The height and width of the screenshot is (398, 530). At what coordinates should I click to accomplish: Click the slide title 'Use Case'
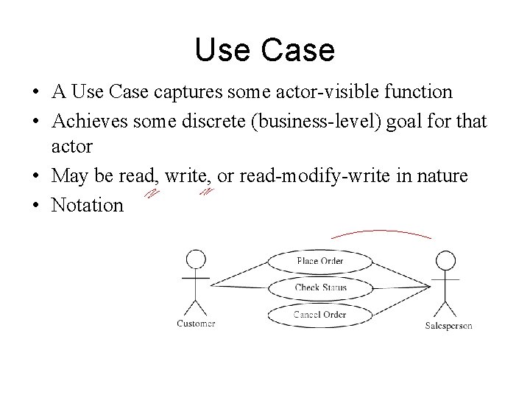[x=265, y=50]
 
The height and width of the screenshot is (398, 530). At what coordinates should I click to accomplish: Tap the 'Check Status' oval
[x=321, y=287]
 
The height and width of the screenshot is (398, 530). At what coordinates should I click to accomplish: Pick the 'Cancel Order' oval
[x=320, y=315]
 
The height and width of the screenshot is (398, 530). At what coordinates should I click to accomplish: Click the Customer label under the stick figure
[x=197, y=324]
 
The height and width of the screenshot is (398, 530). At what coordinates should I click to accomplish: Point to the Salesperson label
[x=448, y=326]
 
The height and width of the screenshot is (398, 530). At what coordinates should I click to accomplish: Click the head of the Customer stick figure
[x=196, y=259]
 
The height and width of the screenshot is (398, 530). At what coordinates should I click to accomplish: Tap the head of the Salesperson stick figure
[x=445, y=262]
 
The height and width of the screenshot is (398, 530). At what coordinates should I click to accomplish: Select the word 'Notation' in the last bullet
[x=88, y=205]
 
